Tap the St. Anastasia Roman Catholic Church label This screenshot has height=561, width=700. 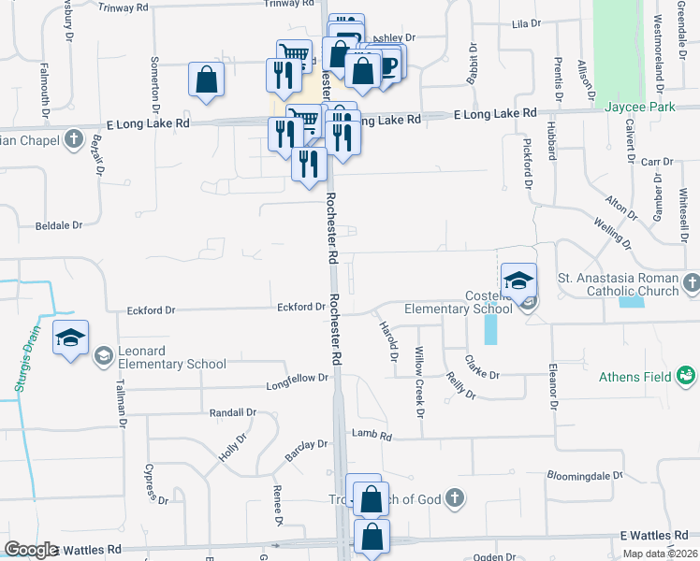point(617,284)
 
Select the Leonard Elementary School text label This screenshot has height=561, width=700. point(172,357)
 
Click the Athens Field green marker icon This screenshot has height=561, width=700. point(688,376)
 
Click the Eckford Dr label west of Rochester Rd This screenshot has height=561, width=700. point(300,307)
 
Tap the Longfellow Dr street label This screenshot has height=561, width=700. point(298,380)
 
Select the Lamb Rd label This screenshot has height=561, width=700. point(372,435)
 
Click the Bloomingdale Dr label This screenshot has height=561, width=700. point(585,475)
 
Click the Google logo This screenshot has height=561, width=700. point(31,550)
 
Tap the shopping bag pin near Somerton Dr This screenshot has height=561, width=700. point(206,80)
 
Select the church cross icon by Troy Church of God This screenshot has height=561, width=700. point(454,497)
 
